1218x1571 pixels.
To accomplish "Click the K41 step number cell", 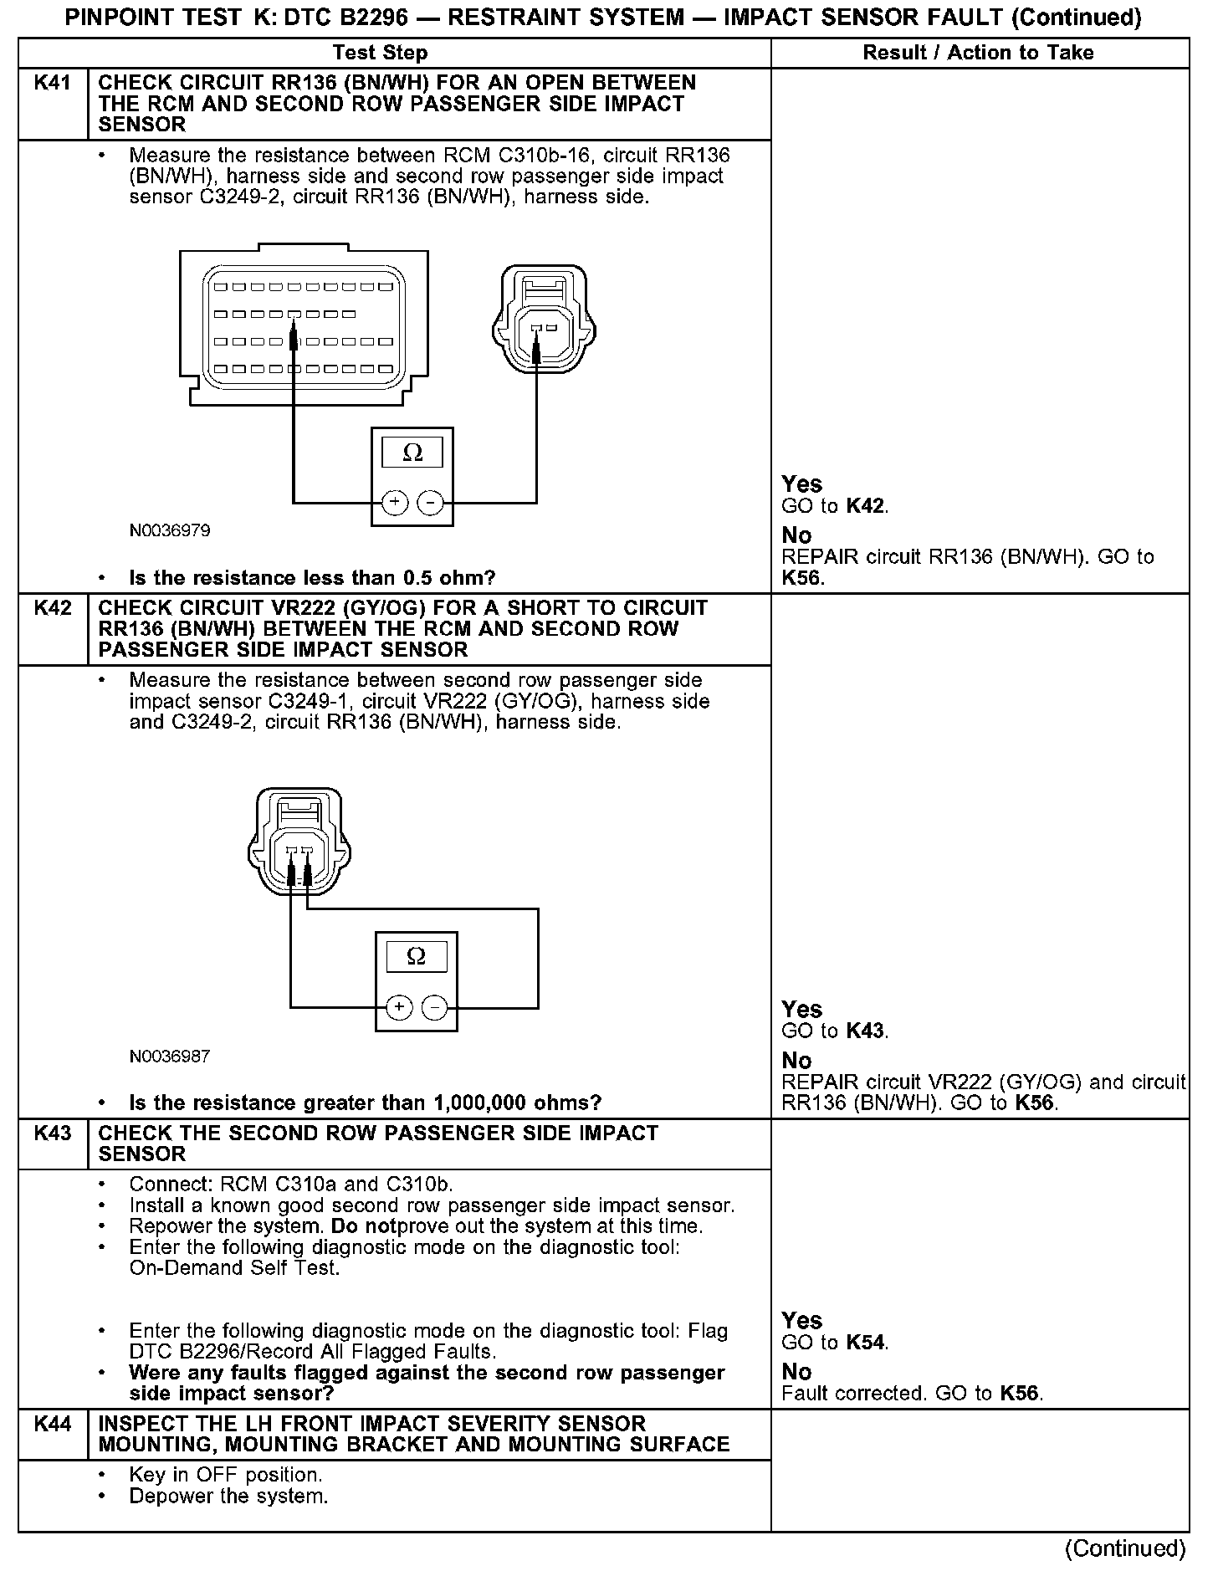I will tap(52, 84).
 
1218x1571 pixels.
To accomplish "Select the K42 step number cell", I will tap(52, 608).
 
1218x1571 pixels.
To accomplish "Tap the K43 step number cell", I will tap(52, 1133).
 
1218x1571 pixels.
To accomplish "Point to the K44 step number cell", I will tap(52, 1424).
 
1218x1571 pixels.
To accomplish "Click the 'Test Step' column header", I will tap(380, 53).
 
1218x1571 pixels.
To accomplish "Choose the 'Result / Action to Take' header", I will tap(978, 53).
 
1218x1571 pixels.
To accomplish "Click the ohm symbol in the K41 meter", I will tap(412, 453).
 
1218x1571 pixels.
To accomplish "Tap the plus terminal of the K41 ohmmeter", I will tap(394, 503).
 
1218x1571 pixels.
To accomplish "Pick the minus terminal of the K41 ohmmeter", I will tap(430, 503).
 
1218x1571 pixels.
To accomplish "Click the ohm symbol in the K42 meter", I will tap(416, 956).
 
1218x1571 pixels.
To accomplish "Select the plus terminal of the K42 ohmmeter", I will tap(399, 1007).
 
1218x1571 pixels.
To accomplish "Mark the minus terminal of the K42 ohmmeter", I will tap(434, 1007).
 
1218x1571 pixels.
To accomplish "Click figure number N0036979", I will tap(170, 530).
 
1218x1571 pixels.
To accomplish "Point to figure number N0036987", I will tap(170, 1056).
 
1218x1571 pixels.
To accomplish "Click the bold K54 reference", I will tap(865, 1343).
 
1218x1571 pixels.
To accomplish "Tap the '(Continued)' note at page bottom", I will tap(1125, 1548).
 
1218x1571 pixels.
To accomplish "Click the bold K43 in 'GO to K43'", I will tap(865, 1031).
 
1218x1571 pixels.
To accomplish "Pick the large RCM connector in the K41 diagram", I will tap(304, 327).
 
